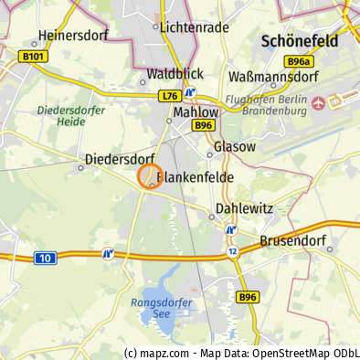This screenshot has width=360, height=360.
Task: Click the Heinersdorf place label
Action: tap(74, 36)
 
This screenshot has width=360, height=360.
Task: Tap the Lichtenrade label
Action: tap(194, 27)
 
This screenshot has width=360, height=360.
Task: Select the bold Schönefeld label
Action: tap(299, 41)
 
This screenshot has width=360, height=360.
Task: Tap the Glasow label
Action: tap(234, 146)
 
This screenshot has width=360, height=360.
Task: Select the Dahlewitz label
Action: tap(244, 208)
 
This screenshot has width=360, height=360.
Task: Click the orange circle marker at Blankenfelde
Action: tap(150, 176)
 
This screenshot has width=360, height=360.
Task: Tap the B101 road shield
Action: tap(32, 57)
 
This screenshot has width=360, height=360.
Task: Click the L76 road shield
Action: tap(169, 95)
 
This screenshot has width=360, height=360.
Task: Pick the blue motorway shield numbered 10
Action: tap(45, 259)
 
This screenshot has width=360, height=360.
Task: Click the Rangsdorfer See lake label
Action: tap(160, 307)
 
